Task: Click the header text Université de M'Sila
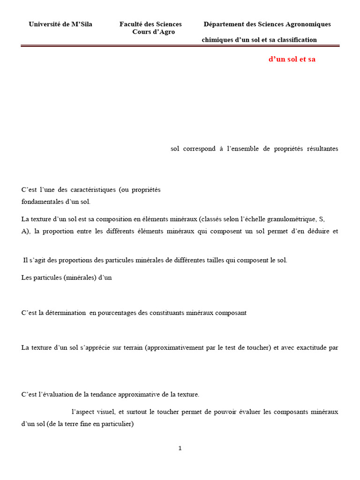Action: (x=60, y=24)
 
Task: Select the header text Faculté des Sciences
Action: (x=150, y=24)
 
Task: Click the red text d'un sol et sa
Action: (x=292, y=60)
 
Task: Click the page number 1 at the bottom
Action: (x=180, y=449)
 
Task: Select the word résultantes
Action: (x=322, y=149)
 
